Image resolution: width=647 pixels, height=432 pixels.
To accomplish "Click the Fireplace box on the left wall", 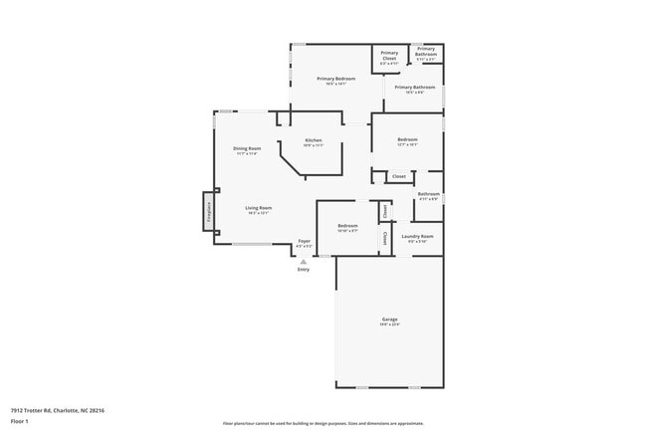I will click(x=210, y=210).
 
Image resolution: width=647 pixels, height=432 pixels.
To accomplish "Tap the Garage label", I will click(x=389, y=319).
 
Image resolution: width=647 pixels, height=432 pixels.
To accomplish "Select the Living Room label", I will click(x=259, y=208).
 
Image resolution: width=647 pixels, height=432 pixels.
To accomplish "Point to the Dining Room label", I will click(x=247, y=148).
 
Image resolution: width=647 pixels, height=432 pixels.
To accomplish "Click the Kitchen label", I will click(x=314, y=140).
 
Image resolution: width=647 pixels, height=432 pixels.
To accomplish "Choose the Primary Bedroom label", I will click(x=336, y=79).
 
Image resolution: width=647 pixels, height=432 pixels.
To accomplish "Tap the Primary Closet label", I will click(x=389, y=54).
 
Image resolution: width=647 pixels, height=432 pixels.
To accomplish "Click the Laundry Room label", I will click(x=417, y=236).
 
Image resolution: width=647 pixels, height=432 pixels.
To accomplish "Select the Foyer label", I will click(x=305, y=241).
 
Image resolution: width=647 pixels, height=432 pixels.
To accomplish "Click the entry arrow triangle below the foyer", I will click(x=304, y=262).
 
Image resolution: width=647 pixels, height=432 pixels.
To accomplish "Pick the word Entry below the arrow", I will click(x=304, y=270).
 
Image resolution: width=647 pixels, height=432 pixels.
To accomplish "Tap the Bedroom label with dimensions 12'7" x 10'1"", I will click(x=407, y=139).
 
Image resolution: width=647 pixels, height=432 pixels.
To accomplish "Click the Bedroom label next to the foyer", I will click(x=347, y=226).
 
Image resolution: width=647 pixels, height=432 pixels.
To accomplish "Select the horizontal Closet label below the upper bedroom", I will click(x=399, y=176).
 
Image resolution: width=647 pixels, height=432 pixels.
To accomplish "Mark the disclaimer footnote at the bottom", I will click(x=323, y=423).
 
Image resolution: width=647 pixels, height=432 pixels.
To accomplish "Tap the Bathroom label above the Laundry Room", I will click(x=429, y=193).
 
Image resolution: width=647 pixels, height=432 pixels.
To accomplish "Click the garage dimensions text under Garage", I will click(x=389, y=324).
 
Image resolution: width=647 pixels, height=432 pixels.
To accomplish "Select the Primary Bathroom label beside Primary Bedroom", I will click(x=415, y=88).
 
